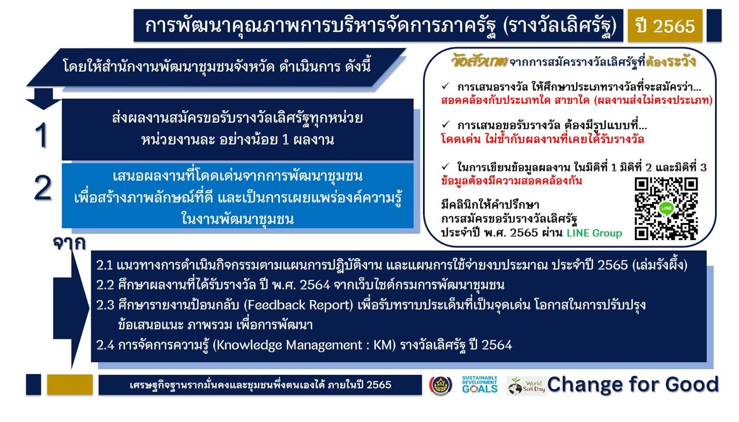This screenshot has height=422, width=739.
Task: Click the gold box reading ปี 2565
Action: coord(665,26)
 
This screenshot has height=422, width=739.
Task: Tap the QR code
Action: coord(666,209)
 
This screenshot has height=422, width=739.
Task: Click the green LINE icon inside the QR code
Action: coord(667,208)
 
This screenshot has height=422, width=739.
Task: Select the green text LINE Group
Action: coord(594,233)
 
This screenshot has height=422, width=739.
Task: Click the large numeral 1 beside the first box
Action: coord(42,135)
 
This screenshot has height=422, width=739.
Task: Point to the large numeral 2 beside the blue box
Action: coord(43,189)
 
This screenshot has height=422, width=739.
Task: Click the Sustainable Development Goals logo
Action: coord(480,384)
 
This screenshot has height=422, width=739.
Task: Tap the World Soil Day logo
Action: coord(526,386)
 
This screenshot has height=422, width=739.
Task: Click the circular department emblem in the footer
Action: coord(441,385)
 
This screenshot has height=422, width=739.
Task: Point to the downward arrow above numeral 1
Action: coord(43,99)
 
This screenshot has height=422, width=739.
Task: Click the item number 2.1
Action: coord(104,265)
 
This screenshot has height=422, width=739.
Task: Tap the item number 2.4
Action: coord(105,345)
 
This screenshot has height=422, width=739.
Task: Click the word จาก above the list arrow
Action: coord(69,244)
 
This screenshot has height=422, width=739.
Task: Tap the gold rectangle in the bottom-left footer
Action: coord(70,384)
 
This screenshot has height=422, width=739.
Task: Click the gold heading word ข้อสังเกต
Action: coord(479,62)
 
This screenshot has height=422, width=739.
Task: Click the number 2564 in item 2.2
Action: coord(315,285)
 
